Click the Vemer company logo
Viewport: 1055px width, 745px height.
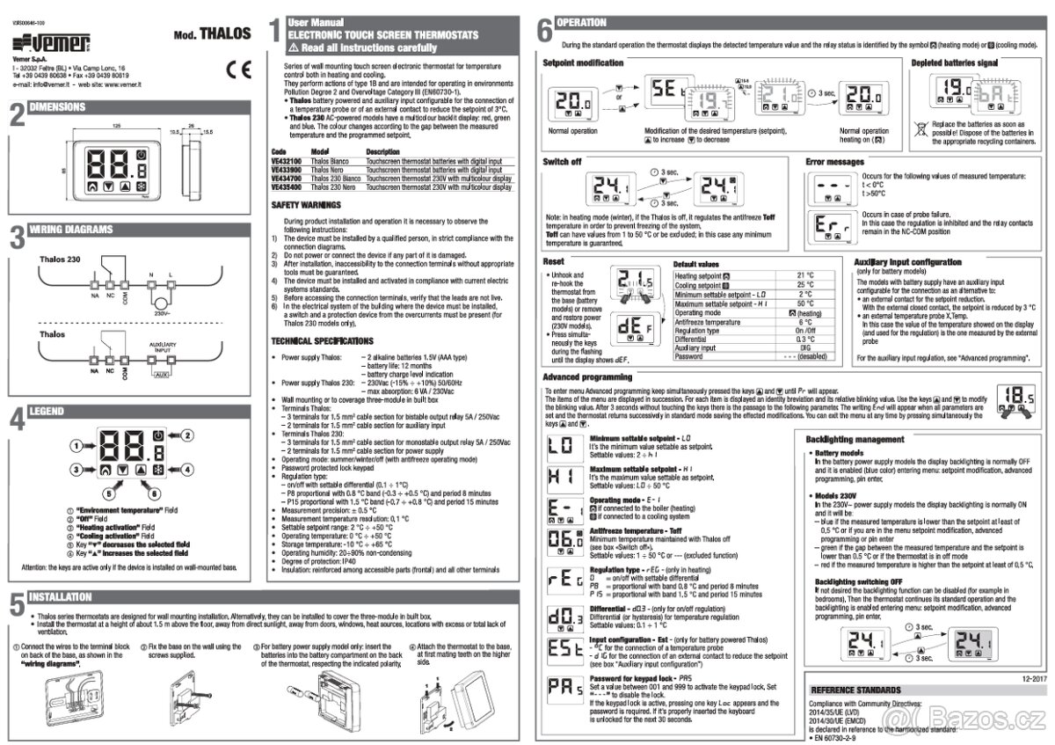pos(52,43)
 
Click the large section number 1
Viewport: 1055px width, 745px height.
pos(275,30)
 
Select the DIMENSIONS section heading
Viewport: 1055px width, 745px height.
pos(58,107)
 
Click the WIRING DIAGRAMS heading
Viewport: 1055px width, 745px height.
pos(71,230)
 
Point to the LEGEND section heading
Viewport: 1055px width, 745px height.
pos(47,411)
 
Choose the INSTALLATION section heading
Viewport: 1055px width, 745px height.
pos(61,596)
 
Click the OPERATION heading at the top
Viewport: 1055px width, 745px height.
pos(582,23)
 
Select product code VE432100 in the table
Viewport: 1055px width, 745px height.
pos(286,162)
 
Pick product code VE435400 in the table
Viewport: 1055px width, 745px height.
pos(286,186)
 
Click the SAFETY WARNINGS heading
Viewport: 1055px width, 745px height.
pos(306,205)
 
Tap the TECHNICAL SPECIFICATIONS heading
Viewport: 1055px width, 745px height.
pos(323,340)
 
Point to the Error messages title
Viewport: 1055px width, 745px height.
pos(836,162)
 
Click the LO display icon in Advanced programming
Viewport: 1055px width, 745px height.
pos(560,446)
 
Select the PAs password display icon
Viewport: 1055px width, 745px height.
pos(560,686)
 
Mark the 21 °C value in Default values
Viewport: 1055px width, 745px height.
pos(805,275)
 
